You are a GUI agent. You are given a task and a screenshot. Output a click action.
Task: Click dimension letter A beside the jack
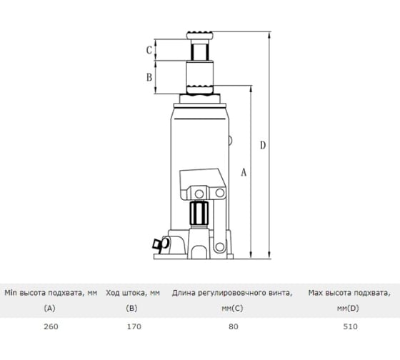(x=244, y=172)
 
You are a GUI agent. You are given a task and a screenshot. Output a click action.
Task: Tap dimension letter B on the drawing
(x=149, y=77)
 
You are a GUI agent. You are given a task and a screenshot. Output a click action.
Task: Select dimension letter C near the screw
(x=149, y=50)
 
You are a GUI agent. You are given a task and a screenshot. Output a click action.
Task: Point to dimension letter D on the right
(x=263, y=145)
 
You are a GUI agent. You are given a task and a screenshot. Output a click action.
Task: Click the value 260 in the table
(x=51, y=326)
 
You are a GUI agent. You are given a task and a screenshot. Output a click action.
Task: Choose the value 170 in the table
(x=134, y=326)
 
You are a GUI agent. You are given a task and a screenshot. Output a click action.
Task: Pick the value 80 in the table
(x=234, y=326)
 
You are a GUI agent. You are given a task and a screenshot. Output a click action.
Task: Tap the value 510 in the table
(x=350, y=326)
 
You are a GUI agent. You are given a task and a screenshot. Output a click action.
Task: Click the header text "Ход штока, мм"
(x=133, y=293)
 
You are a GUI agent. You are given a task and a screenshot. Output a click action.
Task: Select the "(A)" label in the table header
(x=50, y=309)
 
